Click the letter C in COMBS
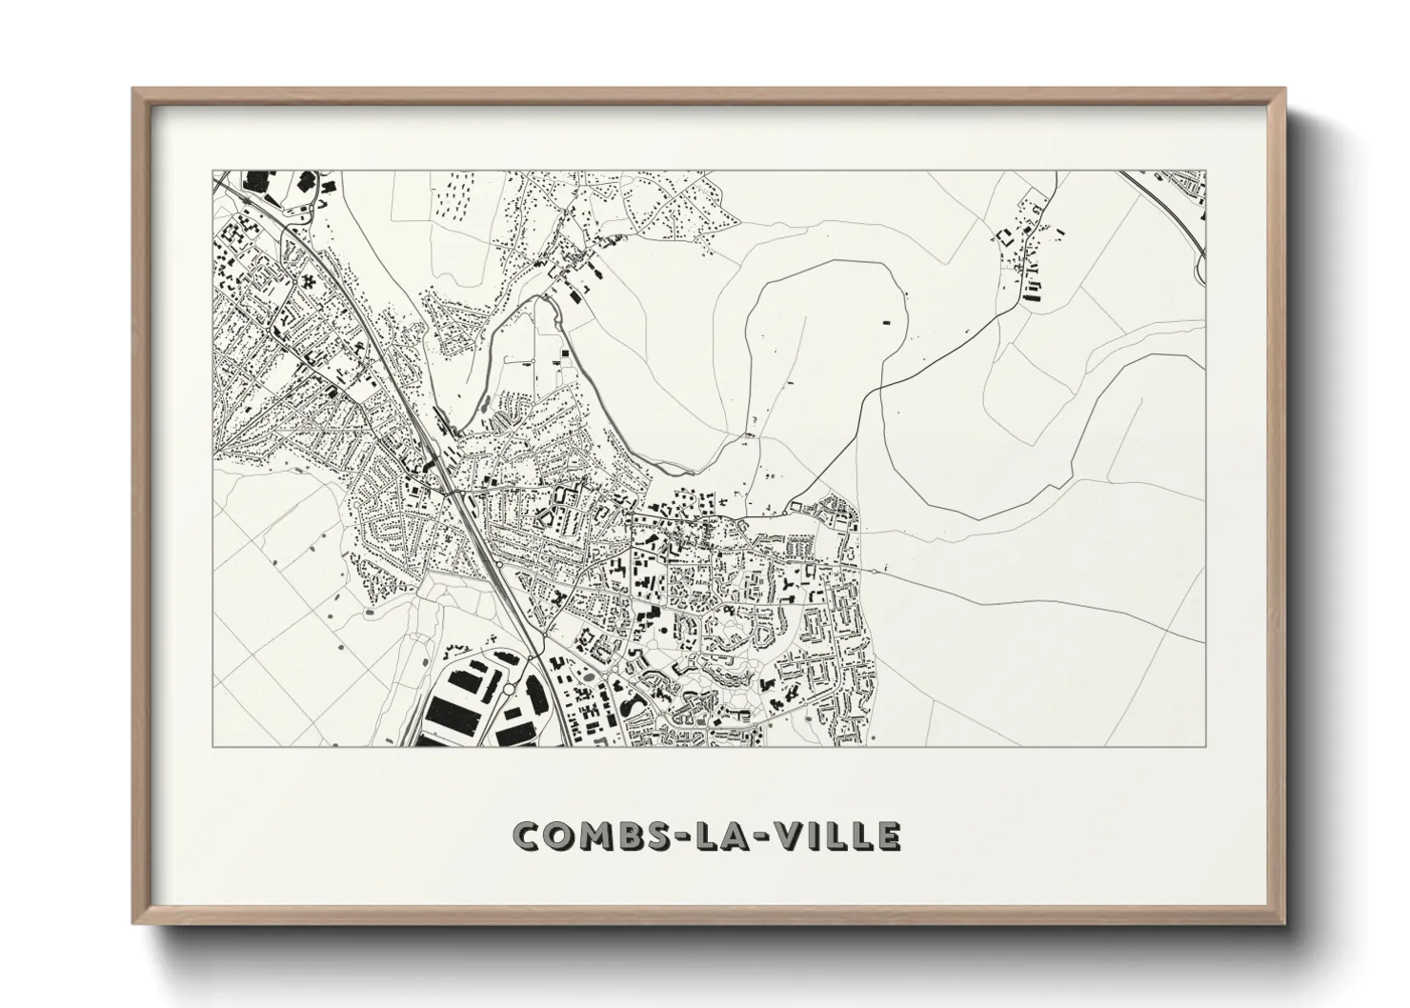526,836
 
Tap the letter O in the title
558,836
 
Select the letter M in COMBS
595,836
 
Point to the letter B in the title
631,836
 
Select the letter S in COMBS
661,836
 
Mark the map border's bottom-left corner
212,746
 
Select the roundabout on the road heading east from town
876,571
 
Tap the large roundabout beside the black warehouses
511,689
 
